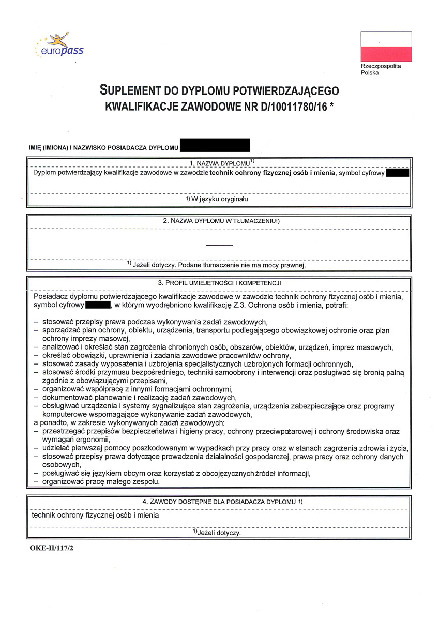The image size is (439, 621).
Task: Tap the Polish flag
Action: tap(386, 47)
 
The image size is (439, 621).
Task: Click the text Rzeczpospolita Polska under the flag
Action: tap(381, 69)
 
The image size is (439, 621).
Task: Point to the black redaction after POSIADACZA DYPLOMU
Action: tap(215, 145)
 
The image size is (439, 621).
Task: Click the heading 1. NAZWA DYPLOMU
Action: tap(219, 163)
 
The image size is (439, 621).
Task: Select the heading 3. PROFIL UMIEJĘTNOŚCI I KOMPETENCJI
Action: tap(219, 283)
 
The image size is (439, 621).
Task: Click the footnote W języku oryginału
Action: tap(219, 199)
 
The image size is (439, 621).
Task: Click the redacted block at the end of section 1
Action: tap(398, 173)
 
